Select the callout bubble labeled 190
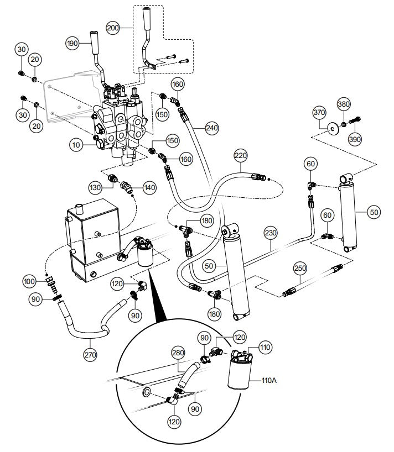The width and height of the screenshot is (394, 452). pos(72,42)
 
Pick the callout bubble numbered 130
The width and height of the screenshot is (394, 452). pos(95,187)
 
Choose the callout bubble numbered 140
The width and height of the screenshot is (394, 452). pos(149,187)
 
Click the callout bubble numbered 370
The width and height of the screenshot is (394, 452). pos(319,113)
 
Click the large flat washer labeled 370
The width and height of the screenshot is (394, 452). pos(333,128)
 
